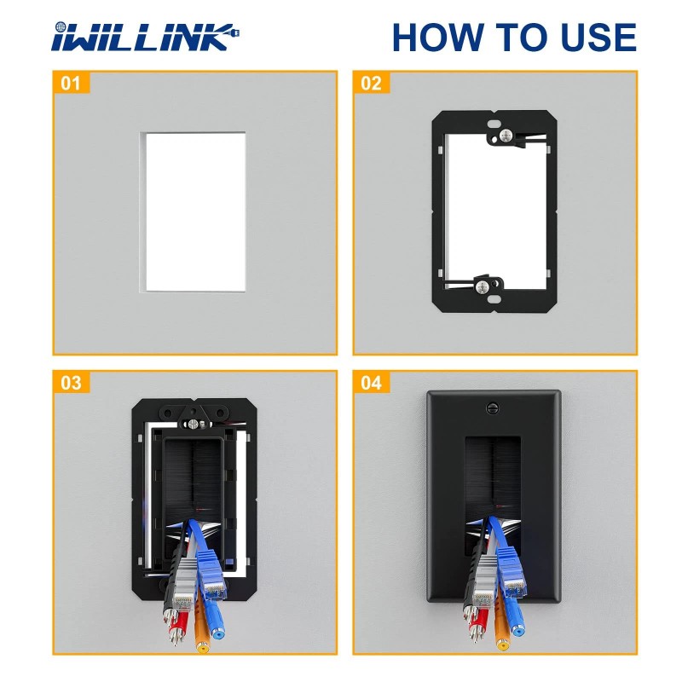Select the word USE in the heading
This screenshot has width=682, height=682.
point(591,38)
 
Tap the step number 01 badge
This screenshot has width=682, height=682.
point(72,84)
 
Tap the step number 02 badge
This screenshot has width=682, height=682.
point(371,84)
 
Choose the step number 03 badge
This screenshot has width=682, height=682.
point(72,383)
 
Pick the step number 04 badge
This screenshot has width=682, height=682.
point(371,383)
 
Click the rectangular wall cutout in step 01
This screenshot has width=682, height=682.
point(195,211)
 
